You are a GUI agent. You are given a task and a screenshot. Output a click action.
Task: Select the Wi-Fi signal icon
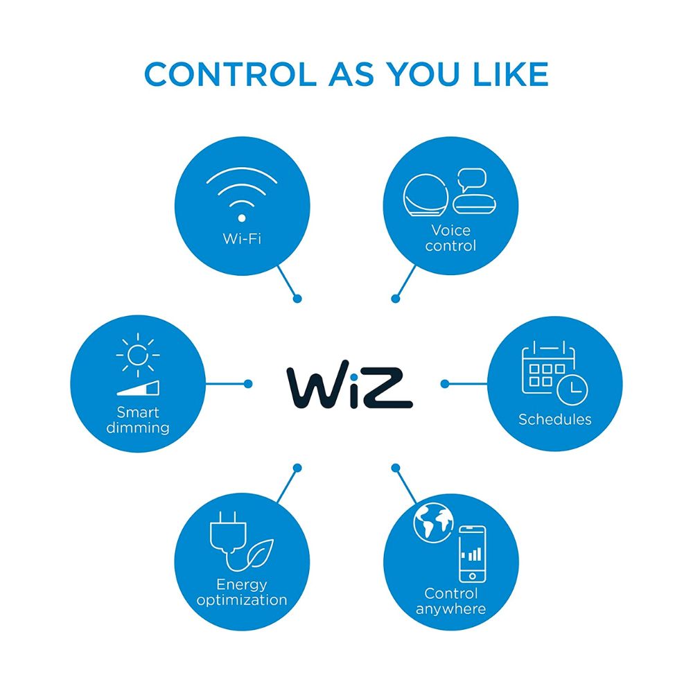(x=242, y=195)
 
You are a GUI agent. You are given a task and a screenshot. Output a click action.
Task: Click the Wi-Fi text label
(x=242, y=239)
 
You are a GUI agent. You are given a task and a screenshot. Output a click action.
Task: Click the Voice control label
(x=450, y=238)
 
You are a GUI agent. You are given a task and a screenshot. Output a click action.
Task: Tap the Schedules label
(x=555, y=419)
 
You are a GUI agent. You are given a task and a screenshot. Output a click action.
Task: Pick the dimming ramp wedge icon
(x=139, y=389)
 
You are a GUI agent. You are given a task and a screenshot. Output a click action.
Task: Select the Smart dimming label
(x=138, y=420)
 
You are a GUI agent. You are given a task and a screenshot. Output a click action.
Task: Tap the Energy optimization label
(x=242, y=593)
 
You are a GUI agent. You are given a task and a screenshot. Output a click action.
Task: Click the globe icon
(x=432, y=522)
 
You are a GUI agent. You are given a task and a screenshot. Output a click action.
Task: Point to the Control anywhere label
(x=451, y=601)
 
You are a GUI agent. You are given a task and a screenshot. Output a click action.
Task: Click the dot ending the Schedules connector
(x=444, y=383)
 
